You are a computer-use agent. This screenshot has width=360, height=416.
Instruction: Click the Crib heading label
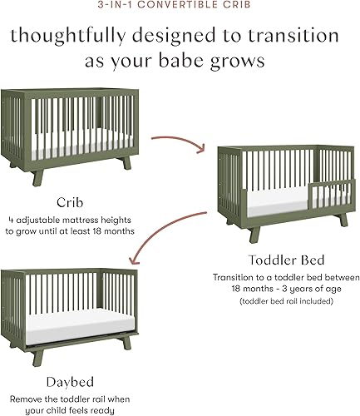pyautogui.click(x=68, y=201)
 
